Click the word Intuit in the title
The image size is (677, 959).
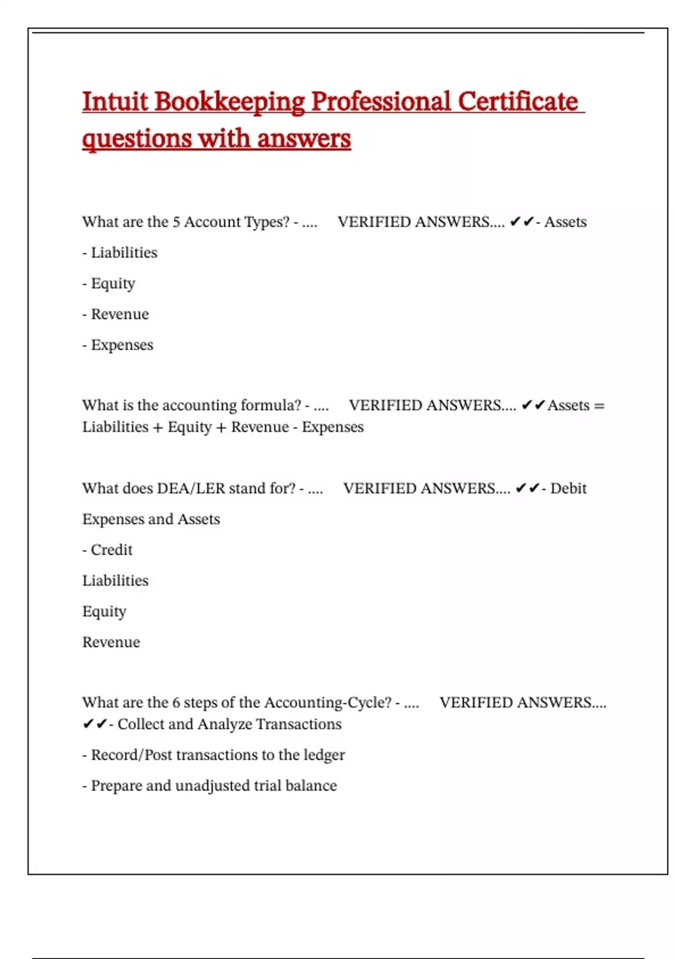pyautogui.click(x=115, y=102)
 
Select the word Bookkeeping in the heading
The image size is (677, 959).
pyautogui.click(x=229, y=103)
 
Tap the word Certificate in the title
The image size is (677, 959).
pyautogui.click(x=518, y=102)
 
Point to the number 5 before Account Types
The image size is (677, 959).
pyautogui.click(x=176, y=222)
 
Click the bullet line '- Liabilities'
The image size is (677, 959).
pyautogui.click(x=120, y=253)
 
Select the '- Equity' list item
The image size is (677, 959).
pyautogui.click(x=109, y=283)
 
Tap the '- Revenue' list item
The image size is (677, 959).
pyautogui.click(x=116, y=314)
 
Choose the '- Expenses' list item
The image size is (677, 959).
pyautogui.click(x=118, y=345)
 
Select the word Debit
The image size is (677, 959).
pyautogui.click(x=568, y=489)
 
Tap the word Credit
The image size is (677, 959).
pyautogui.click(x=112, y=550)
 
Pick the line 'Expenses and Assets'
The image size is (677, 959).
pyautogui.click(x=151, y=519)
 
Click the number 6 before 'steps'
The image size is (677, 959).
pyautogui.click(x=176, y=703)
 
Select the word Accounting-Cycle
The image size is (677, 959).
pyautogui.click(x=327, y=703)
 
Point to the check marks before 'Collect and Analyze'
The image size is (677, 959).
pyautogui.click(x=94, y=724)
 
